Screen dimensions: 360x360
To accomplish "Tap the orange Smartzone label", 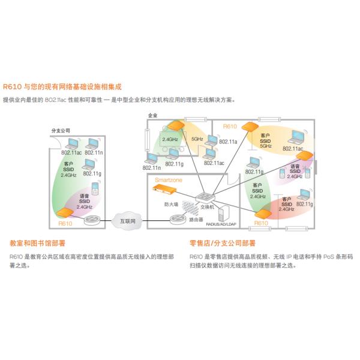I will click(x=169, y=180).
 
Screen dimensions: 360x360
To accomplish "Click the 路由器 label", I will click(x=195, y=220).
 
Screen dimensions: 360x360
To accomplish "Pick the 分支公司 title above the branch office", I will click(x=61, y=130).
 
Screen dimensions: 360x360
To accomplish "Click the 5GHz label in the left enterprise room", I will click(x=197, y=139).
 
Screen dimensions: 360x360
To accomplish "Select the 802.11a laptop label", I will click(x=229, y=142).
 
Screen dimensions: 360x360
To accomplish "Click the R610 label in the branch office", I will click(x=65, y=223).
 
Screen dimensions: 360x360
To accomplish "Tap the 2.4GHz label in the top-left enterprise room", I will click(x=170, y=139).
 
